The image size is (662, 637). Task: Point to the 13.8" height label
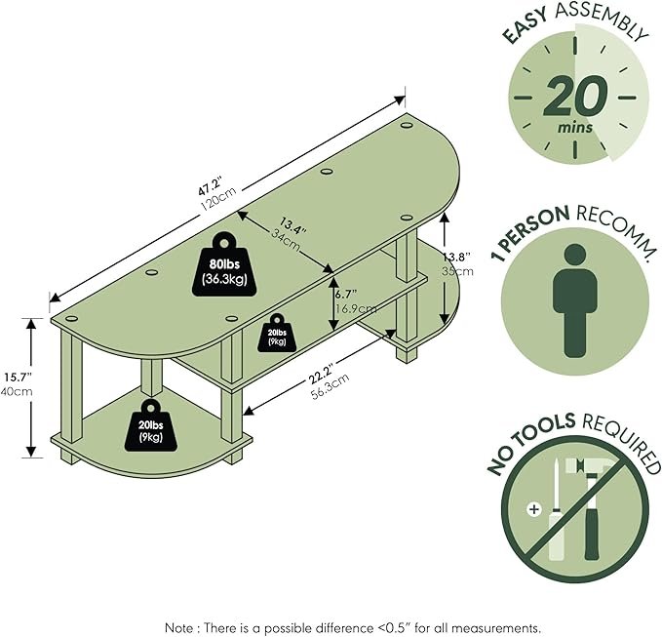pos(457,257)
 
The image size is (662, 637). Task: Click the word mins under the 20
pos(575,127)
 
